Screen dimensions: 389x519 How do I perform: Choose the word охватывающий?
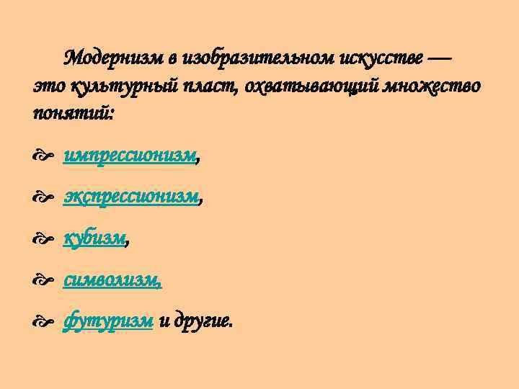click(312, 86)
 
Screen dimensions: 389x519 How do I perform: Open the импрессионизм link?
click(129, 155)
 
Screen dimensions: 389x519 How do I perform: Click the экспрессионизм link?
click(130, 197)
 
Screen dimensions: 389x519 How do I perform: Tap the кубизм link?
click(94, 238)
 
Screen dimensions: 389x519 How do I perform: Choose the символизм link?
click(112, 280)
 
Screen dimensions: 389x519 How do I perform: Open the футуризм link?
click(108, 321)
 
